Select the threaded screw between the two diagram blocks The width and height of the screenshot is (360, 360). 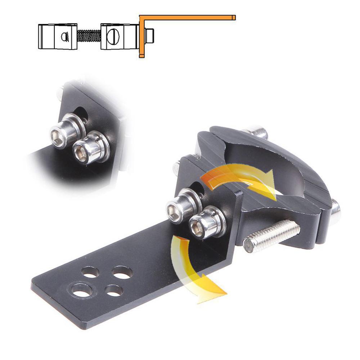(89, 36)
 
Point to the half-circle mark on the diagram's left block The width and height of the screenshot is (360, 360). (65, 36)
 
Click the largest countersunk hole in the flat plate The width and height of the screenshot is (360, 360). (82, 290)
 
